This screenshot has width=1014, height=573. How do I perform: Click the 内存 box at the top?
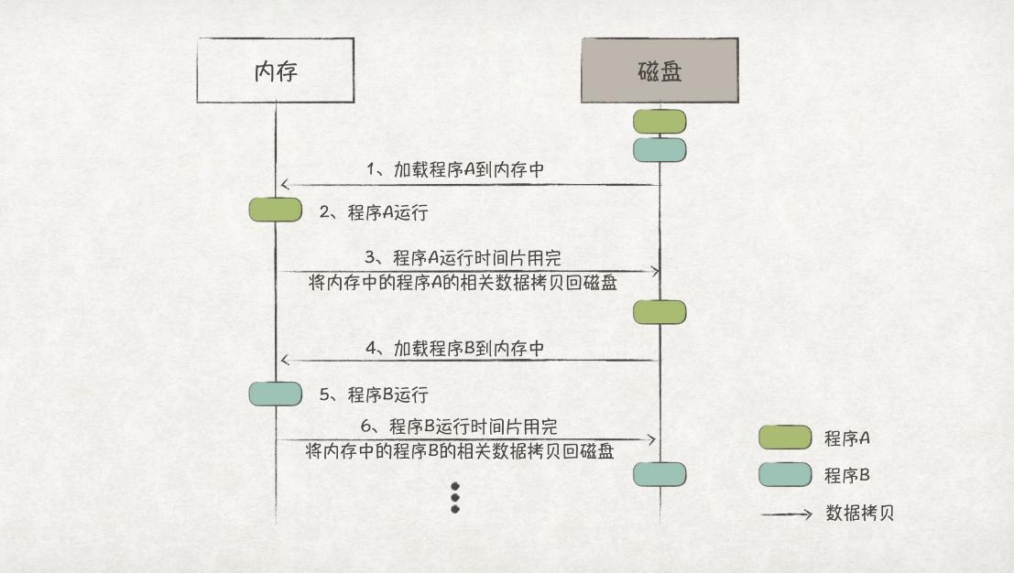[x=276, y=70]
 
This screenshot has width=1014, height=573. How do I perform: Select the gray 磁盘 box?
[x=660, y=70]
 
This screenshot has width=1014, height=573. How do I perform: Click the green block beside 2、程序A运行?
[x=276, y=210]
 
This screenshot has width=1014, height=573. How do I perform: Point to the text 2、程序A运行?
[x=374, y=212]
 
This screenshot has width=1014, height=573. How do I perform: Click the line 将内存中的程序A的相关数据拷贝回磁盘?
[x=463, y=284]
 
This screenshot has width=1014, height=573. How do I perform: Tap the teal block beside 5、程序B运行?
[x=276, y=394]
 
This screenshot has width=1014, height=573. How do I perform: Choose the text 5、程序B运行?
[x=374, y=395]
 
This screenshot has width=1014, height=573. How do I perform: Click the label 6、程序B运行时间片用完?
[x=460, y=426]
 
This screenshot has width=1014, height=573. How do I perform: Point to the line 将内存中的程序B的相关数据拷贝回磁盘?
[x=460, y=451]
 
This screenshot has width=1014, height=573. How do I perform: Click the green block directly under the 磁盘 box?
[x=660, y=121]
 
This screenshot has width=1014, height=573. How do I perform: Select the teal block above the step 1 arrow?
[x=660, y=150]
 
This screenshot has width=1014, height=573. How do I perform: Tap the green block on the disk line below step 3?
[x=660, y=313]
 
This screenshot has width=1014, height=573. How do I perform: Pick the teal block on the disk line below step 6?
[x=660, y=473]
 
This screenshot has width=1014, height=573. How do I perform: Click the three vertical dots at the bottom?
[x=454, y=497]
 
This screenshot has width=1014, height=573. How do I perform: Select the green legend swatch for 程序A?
[x=785, y=438]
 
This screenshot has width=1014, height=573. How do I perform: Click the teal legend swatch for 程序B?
[x=785, y=474]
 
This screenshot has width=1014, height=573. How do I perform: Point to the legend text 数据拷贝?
[x=859, y=513]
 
